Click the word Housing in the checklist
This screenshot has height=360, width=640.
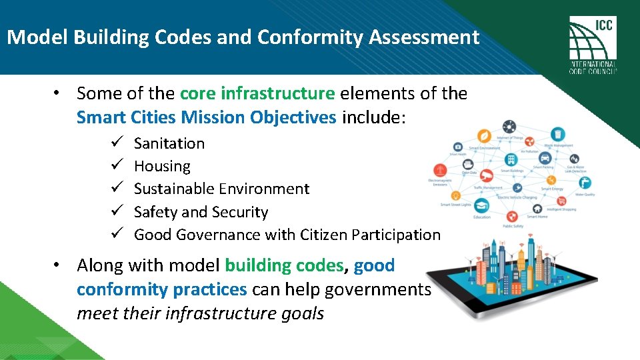click(162, 166)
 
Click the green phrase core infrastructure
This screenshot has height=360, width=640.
click(257, 93)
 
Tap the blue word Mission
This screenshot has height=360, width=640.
click(214, 117)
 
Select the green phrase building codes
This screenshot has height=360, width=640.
click(284, 265)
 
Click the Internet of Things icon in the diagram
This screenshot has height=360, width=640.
click(509, 127)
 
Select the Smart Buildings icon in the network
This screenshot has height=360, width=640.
click(511, 160)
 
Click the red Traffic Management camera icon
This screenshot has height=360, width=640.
click(487, 175)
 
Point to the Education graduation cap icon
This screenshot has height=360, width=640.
click(481, 206)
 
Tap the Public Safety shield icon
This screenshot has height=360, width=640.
click(512, 216)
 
